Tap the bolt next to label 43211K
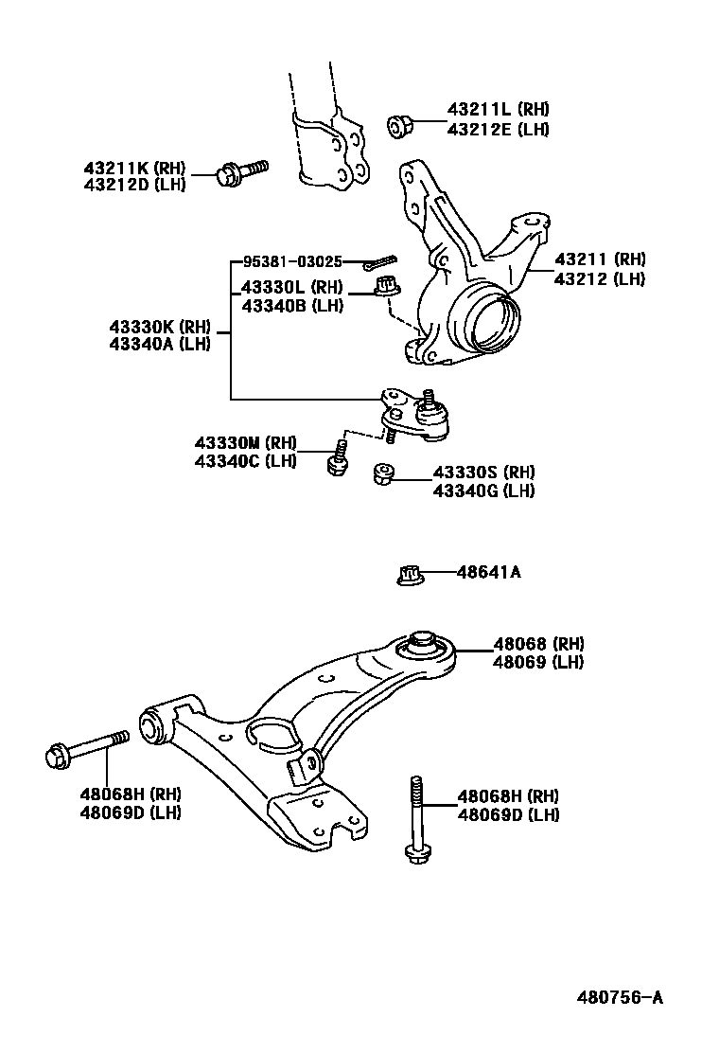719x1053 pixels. pos(240,173)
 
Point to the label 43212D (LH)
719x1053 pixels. pos(134,185)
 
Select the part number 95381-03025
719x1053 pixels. pos(292,261)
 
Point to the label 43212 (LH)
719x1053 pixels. pos(599,278)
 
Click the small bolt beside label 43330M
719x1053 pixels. pos(335,457)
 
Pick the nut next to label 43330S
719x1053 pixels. pos(383,473)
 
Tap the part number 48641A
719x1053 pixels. pos(488,572)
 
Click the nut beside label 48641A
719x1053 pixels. pos(408,574)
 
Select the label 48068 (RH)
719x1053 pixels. pos(537,644)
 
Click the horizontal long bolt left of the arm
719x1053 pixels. pos(87,750)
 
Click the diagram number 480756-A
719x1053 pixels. pos(620,998)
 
